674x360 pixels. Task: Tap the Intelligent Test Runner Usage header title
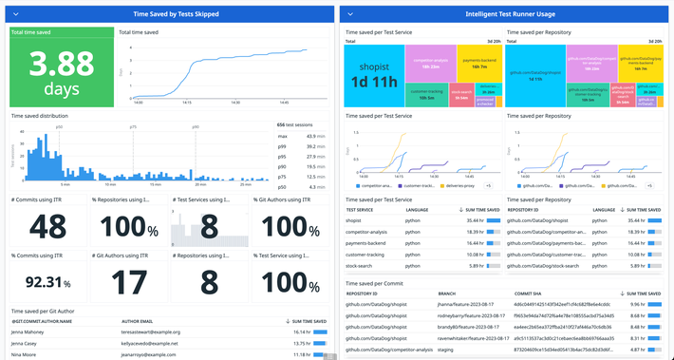tap(504, 15)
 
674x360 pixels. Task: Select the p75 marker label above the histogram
tap(133, 125)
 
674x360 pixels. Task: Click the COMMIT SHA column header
tap(530, 295)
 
